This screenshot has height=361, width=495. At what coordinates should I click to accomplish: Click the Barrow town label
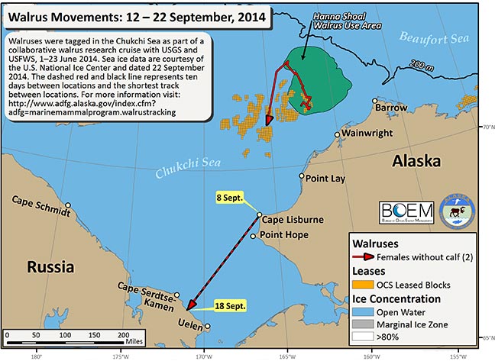(391, 108)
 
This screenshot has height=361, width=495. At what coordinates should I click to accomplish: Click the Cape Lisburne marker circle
(260, 214)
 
